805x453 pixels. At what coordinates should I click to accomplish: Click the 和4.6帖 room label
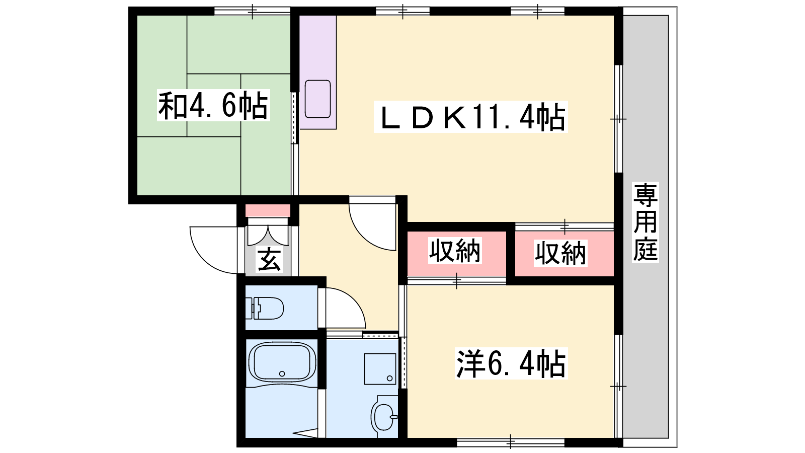pos(213,105)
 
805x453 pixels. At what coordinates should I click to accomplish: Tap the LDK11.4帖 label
pos(471,116)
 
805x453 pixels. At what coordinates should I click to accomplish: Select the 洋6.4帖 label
pos(511,363)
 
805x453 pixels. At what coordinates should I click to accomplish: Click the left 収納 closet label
pos(455,251)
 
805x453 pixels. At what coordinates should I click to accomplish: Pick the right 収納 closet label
pos(560,253)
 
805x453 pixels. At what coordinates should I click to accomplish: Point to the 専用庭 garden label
pos(646,222)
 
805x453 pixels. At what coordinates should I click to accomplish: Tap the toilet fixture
pos(264,308)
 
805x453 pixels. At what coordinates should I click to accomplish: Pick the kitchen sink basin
pos(317,99)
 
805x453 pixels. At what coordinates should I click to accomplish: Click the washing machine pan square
pos(380,369)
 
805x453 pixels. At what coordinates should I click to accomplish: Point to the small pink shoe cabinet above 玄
pos(268,211)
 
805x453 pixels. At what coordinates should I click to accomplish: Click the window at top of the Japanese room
pos(252,11)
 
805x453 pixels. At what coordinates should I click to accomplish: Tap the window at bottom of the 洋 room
pos(511,442)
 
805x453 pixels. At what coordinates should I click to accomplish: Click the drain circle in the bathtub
pos(282,374)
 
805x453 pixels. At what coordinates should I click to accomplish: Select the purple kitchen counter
pos(317,72)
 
